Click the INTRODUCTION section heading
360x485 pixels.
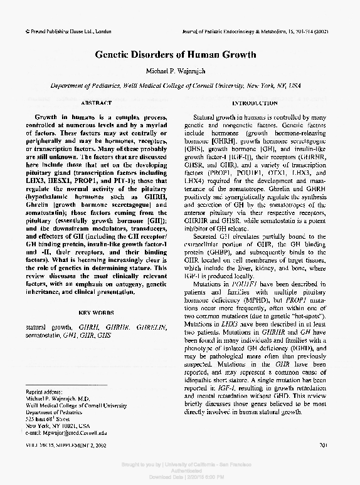point(255,102)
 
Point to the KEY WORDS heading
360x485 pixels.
point(96,312)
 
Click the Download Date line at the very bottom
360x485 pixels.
point(180,477)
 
